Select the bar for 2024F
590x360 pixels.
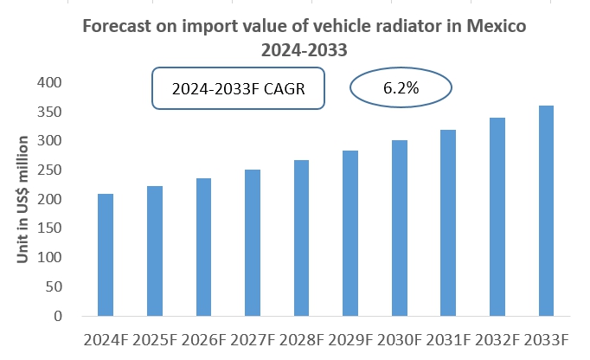click(105, 254)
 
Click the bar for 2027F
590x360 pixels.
click(253, 242)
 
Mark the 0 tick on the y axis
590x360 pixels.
click(57, 317)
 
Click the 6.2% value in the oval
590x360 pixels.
click(401, 87)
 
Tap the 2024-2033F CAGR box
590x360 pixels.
click(237, 89)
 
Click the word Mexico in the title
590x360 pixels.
click(494, 26)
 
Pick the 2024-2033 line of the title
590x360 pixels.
click(305, 50)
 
